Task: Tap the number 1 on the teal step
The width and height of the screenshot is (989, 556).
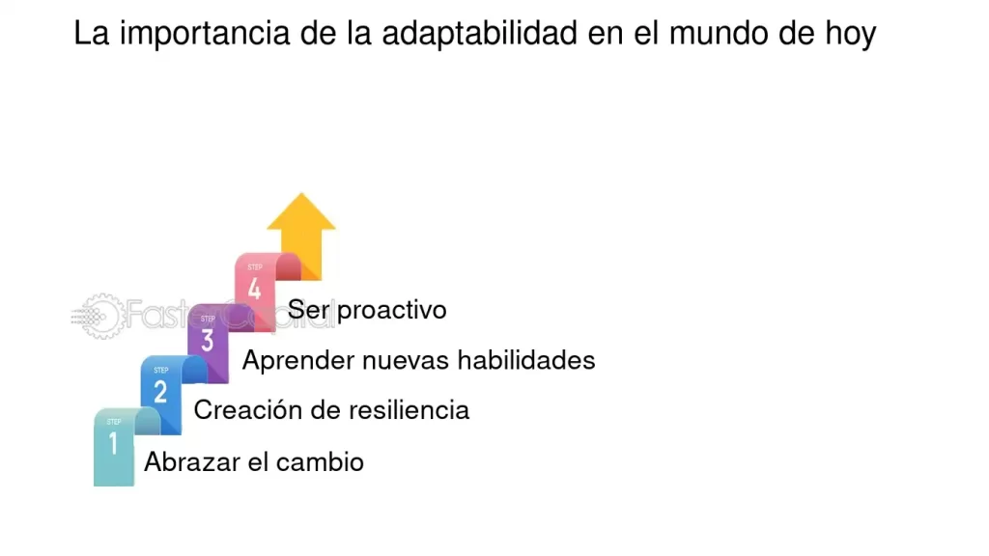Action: tap(113, 444)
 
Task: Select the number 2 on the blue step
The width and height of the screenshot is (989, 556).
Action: tap(160, 392)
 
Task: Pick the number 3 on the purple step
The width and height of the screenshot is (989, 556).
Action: tap(208, 341)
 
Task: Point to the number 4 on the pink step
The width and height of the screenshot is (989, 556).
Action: tap(254, 289)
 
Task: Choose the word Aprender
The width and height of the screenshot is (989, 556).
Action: tap(297, 361)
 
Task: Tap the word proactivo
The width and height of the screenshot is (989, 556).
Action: tap(392, 310)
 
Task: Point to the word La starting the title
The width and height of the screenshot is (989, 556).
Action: tap(91, 35)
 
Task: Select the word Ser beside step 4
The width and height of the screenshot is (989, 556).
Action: tap(308, 310)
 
